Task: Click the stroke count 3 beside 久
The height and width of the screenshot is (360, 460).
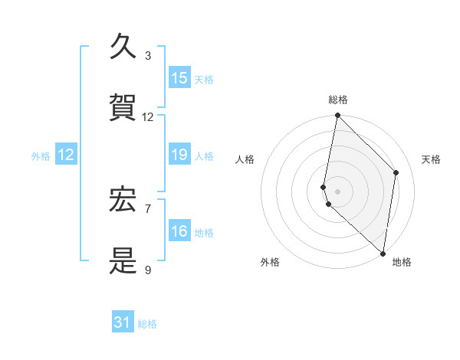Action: point(148,56)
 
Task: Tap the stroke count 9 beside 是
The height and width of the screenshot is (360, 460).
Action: point(148,270)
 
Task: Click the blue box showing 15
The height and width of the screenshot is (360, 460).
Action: point(179,78)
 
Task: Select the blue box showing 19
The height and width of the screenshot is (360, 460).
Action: point(179,155)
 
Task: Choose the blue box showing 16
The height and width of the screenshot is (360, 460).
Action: point(179,231)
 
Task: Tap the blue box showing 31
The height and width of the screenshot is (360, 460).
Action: point(123,323)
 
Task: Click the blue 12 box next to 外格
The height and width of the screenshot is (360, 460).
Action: point(66,155)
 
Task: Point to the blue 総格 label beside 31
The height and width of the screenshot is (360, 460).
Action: point(147,324)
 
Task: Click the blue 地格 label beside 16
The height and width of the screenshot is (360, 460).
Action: point(204,232)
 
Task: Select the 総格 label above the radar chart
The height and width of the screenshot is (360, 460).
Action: point(338,100)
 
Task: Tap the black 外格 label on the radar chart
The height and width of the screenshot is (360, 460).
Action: point(270,262)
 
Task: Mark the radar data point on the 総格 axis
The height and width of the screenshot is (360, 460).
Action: point(337,116)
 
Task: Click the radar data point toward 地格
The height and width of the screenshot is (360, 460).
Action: point(383,253)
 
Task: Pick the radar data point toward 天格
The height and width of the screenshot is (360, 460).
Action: point(396,172)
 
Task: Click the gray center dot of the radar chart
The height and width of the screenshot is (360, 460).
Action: point(337,191)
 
